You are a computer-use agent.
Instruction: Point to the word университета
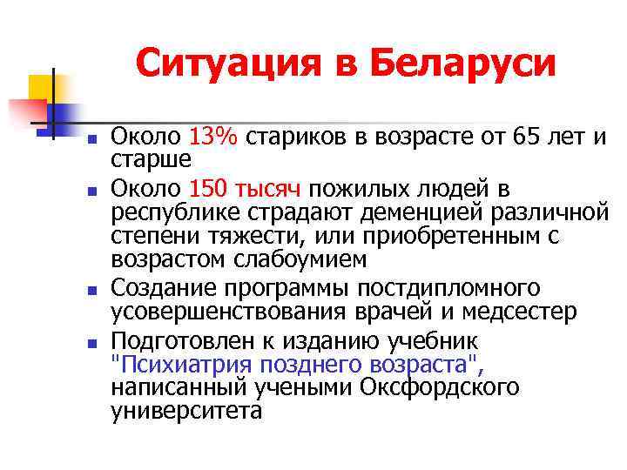tap(186, 411)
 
